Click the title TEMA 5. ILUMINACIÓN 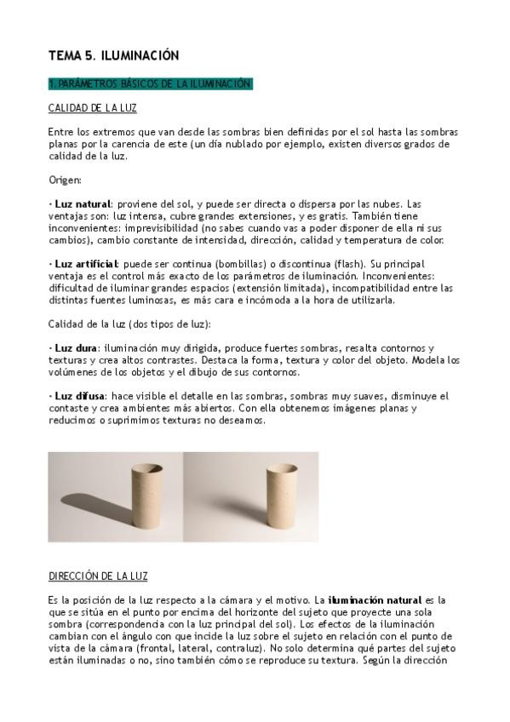(x=113, y=55)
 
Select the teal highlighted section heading (x=150, y=83)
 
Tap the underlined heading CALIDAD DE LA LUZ (x=92, y=108)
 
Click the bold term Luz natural (x=82, y=204)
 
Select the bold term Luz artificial (x=85, y=264)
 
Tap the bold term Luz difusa (x=79, y=396)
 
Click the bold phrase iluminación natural (x=374, y=600)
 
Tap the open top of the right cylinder (x=281, y=470)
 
